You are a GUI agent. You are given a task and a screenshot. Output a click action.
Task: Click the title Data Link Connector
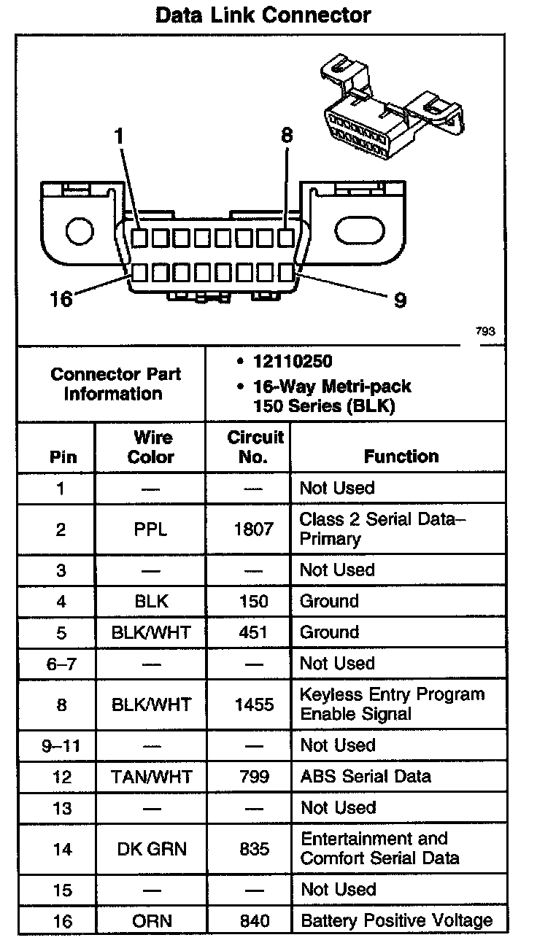tap(263, 15)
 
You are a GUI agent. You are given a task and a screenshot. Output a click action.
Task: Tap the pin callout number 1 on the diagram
tap(120, 136)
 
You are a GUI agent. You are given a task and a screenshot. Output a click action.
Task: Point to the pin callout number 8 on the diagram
tap(287, 135)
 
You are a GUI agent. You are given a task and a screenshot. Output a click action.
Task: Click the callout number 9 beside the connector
tap(400, 299)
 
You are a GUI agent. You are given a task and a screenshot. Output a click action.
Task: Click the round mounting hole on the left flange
tap(80, 232)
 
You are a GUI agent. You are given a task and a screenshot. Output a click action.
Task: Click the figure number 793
tap(485, 331)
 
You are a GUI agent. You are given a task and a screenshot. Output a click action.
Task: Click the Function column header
tap(401, 457)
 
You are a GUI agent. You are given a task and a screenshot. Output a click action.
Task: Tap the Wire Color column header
tap(151, 447)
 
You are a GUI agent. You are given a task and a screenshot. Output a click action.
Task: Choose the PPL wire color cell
tap(151, 529)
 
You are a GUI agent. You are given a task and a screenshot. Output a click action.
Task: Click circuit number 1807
tap(254, 529)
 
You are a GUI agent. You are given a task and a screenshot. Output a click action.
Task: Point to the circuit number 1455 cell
tap(254, 704)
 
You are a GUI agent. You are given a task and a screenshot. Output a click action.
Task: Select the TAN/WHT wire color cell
tap(151, 777)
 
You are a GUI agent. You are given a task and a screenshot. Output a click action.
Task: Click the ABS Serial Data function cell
tap(366, 777)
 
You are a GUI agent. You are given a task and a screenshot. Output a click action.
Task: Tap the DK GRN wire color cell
tap(151, 849)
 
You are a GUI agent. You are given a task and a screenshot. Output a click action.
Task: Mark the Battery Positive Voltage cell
tap(396, 920)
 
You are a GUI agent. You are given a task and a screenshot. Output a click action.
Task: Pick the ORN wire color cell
tap(151, 921)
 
